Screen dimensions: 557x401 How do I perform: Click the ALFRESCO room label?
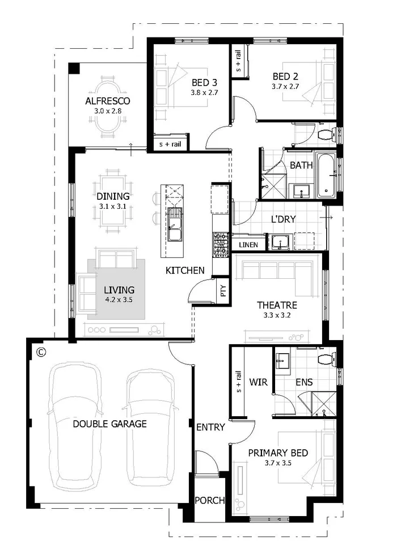(x=108, y=101)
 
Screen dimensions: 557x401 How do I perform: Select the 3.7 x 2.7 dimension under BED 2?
(x=285, y=87)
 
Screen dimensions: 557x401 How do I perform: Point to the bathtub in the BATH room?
(x=326, y=174)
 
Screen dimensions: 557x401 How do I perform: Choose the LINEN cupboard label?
(x=248, y=245)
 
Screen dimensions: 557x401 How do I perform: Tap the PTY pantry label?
(x=223, y=291)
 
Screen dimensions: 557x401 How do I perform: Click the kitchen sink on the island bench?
(x=174, y=233)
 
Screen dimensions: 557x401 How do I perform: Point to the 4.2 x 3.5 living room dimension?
(x=119, y=299)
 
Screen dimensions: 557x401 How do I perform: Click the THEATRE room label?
(x=277, y=305)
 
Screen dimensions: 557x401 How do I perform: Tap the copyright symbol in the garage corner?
(x=40, y=352)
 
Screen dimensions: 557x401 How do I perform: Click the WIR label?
(x=259, y=382)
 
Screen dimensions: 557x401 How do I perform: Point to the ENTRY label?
(x=210, y=427)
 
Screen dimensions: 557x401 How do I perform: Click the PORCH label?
(x=209, y=501)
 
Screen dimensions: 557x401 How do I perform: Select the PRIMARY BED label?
(x=278, y=453)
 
